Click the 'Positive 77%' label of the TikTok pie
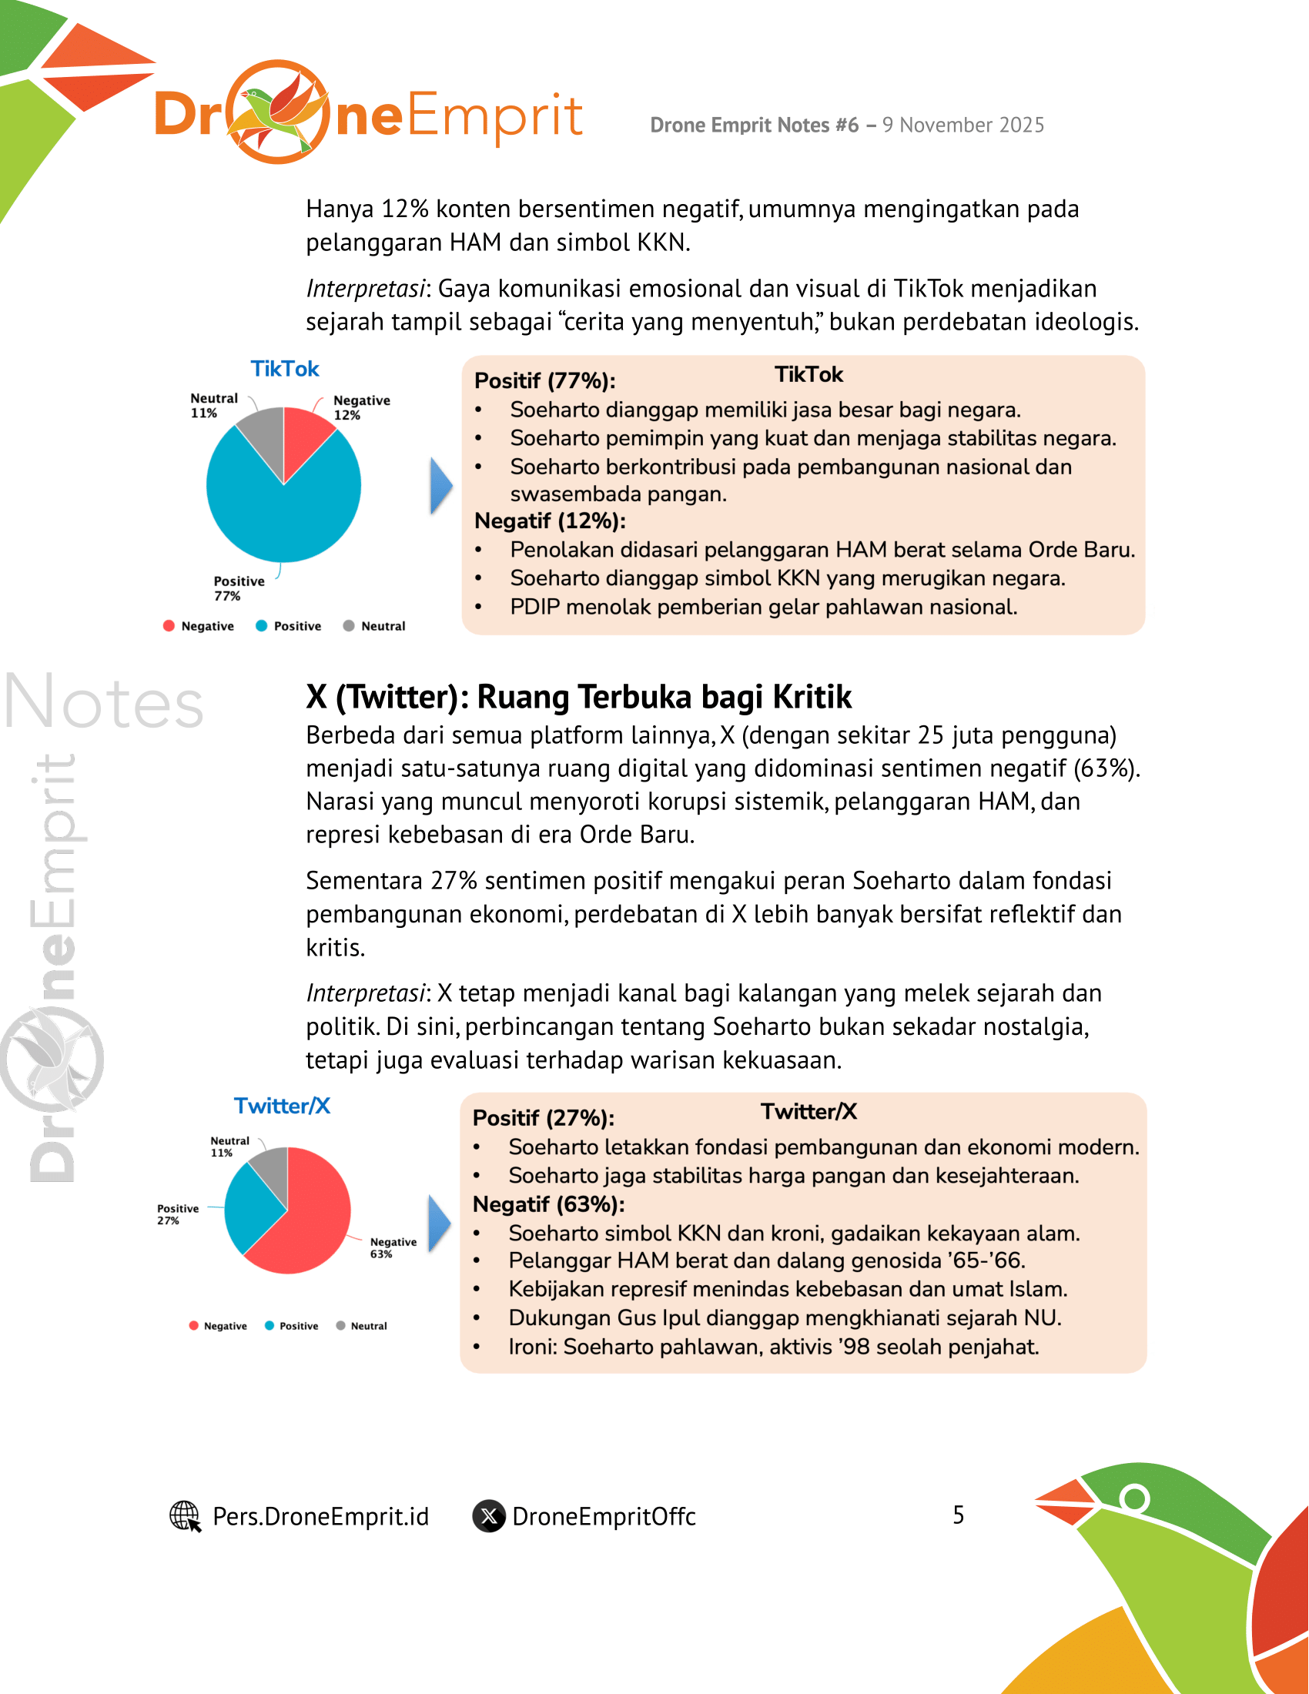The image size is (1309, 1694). (x=238, y=588)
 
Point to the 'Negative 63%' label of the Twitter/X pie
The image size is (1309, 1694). (x=393, y=1247)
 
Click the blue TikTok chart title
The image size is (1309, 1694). (x=285, y=369)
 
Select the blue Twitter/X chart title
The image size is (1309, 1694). (x=283, y=1105)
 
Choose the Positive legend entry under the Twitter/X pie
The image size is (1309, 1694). (x=292, y=1326)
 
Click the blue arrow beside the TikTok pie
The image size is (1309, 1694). (x=440, y=487)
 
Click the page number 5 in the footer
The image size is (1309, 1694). (x=959, y=1515)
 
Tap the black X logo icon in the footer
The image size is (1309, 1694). (x=489, y=1515)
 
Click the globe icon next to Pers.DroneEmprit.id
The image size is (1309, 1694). (x=185, y=1515)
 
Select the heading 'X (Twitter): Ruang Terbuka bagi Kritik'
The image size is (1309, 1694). (x=578, y=697)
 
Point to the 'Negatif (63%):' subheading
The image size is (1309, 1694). (x=548, y=1204)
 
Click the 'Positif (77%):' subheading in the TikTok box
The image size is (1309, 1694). (x=544, y=381)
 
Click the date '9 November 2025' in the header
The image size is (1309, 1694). (x=963, y=125)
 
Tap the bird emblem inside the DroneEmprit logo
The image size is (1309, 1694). (x=278, y=112)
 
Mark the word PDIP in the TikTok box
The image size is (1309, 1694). (x=534, y=607)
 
